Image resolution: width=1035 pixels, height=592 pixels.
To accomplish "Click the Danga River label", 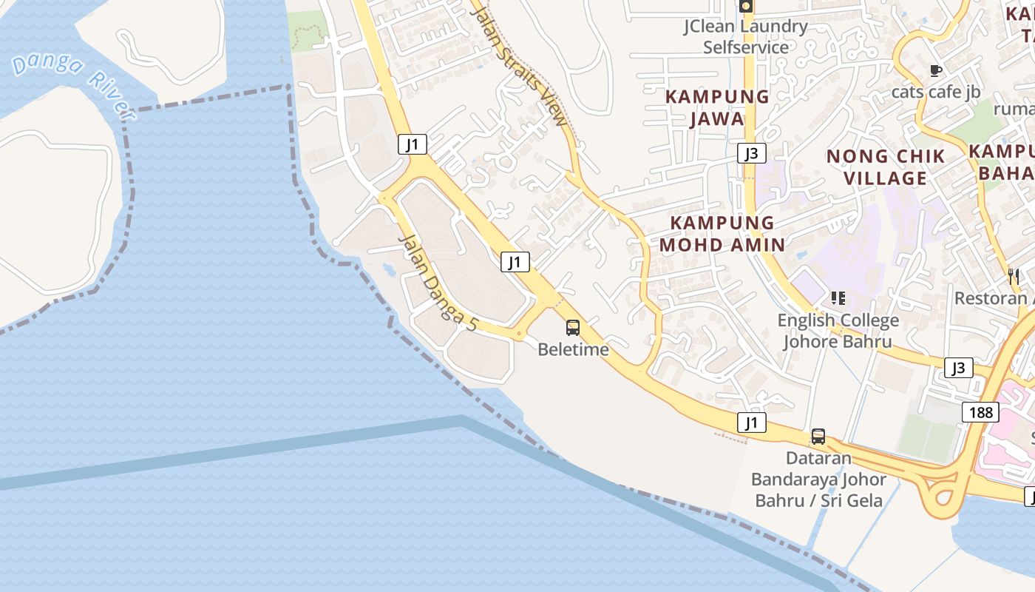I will pyautogui.click(x=74, y=84).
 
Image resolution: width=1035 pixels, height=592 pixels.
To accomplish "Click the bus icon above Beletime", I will pyautogui.click(x=573, y=327).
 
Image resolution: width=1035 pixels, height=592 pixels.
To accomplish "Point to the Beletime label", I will pyautogui.click(x=573, y=349).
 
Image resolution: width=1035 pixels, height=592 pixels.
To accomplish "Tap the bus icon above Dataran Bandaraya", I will pyautogui.click(x=818, y=437).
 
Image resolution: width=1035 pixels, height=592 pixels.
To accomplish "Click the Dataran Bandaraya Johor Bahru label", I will pyautogui.click(x=818, y=479).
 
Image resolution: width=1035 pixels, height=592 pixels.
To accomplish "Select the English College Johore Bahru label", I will pyautogui.click(x=838, y=331).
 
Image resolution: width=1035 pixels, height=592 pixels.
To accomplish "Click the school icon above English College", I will pyautogui.click(x=838, y=298).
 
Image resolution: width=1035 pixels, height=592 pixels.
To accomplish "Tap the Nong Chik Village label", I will pyautogui.click(x=886, y=166).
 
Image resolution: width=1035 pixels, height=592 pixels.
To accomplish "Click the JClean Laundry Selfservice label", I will pyautogui.click(x=745, y=37).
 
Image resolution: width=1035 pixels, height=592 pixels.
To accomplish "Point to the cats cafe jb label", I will pyautogui.click(x=936, y=92).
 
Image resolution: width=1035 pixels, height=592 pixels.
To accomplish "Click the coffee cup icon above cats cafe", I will pyautogui.click(x=935, y=71).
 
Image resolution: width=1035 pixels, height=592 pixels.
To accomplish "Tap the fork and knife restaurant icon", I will pyautogui.click(x=1014, y=277).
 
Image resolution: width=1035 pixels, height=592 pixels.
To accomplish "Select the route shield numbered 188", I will pyautogui.click(x=980, y=412).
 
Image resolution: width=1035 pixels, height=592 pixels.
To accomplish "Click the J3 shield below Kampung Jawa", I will pyautogui.click(x=751, y=153).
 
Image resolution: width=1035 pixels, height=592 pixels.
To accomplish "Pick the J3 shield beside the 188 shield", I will pyautogui.click(x=958, y=368).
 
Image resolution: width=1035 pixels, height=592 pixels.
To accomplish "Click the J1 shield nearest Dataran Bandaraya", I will pyautogui.click(x=751, y=423).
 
